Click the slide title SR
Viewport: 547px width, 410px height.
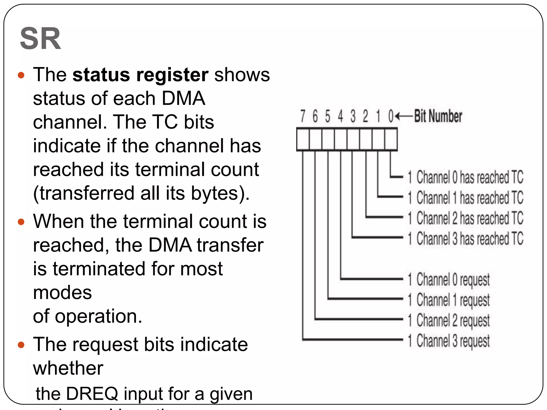tap(40, 39)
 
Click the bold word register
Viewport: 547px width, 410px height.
tap(172, 75)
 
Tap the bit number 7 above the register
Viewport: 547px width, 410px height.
tap(303, 116)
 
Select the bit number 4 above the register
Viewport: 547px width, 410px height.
tap(340, 116)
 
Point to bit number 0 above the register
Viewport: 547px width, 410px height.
tap(391, 116)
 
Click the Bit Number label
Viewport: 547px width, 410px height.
tap(438, 116)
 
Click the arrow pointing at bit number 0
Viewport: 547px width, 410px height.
tap(404, 116)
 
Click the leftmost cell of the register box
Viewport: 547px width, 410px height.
tap(303, 139)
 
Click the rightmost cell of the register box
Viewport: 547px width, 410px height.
tap(391, 139)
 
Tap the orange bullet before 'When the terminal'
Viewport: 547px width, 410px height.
tap(21, 222)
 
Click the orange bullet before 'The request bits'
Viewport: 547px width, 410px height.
tap(21, 345)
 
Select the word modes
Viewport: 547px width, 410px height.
tap(62, 293)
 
